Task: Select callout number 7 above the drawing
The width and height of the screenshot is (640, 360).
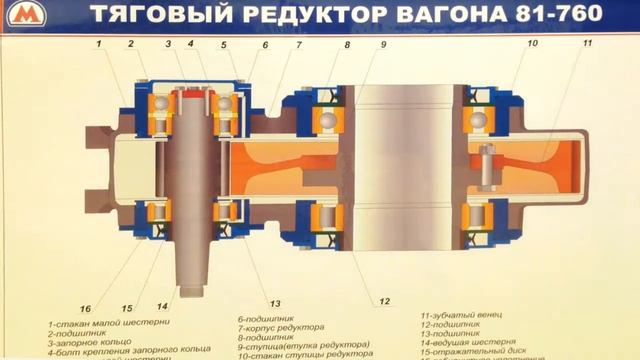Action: (298, 46)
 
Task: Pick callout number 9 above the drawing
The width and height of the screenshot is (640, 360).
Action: (382, 46)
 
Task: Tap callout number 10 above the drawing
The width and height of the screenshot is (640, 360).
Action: (532, 44)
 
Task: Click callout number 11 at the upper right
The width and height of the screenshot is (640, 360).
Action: (587, 44)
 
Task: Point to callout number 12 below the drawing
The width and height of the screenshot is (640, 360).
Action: (384, 301)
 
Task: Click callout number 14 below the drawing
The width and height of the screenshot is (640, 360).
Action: (162, 306)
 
